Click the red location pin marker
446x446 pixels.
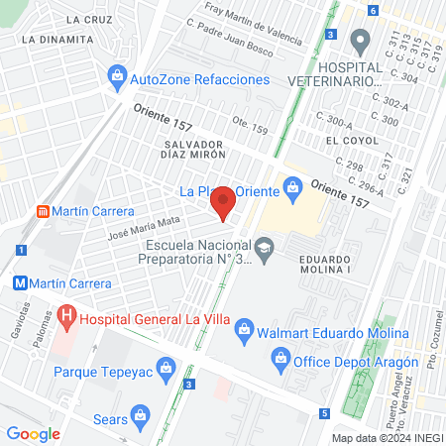[224, 201]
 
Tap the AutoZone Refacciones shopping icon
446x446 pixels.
[118, 75]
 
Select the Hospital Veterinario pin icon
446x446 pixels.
[360, 40]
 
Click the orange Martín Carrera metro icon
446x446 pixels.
[42, 211]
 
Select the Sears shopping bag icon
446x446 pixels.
[141, 411]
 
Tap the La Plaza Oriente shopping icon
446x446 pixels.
[292, 185]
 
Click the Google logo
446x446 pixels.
[34, 433]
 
